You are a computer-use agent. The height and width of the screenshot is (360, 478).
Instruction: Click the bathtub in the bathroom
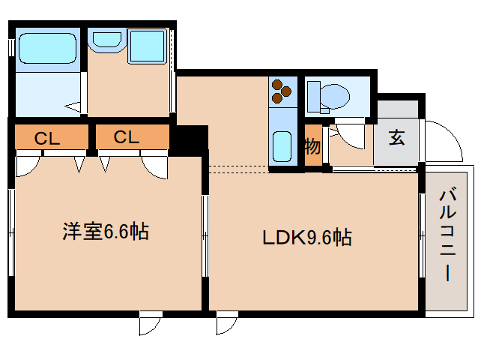point(47,49)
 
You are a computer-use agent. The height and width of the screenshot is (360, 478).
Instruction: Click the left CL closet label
point(48,138)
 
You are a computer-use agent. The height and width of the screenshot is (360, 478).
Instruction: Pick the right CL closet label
point(127,137)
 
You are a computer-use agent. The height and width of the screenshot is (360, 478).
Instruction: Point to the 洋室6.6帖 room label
point(105,232)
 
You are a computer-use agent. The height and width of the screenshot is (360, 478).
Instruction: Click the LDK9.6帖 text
point(307,238)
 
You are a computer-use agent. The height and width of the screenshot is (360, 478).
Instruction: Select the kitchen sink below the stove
point(282,145)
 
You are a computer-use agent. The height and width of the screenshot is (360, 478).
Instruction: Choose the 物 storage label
point(312,146)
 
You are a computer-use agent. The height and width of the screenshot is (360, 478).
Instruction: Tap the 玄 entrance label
point(396,139)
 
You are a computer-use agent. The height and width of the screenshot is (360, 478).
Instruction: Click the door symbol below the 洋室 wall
point(150,323)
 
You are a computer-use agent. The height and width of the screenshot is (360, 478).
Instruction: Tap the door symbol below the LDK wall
point(226,323)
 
